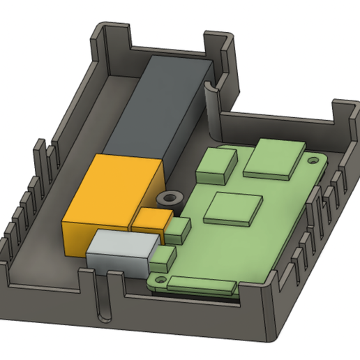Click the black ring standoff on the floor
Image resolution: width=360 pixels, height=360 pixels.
pyautogui.click(x=167, y=197)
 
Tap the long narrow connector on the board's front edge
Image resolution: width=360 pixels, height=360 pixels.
pyautogui.click(x=200, y=285)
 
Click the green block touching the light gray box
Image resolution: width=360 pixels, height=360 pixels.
pyautogui.click(x=163, y=260)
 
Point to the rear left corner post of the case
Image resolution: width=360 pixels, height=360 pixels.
pyautogui.click(x=110, y=38)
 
